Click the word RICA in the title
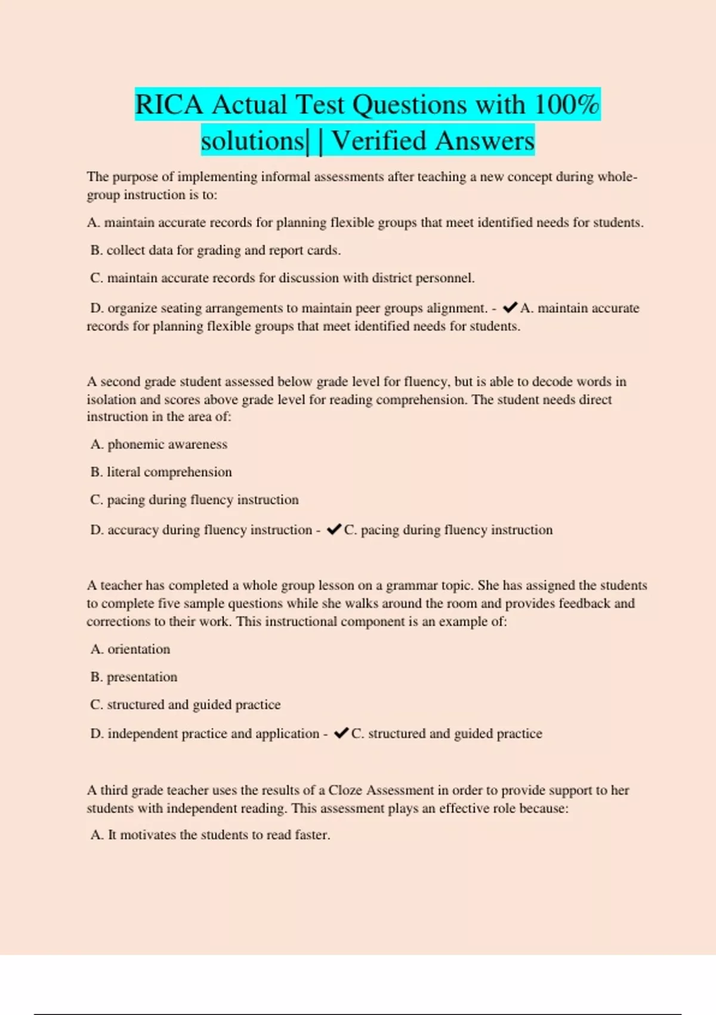coord(169,105)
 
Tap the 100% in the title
coord(566,105)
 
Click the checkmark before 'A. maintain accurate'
coord(510,308)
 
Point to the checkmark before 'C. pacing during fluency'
coord(334,530)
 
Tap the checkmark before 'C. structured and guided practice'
coord(341,733)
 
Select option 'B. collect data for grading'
coord(215,251)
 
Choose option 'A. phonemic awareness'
coord(159,444)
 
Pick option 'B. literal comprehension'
coord(161,472)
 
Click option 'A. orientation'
coord(130,649)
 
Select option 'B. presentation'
coord(134,677)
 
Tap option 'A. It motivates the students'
coord(210,835)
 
